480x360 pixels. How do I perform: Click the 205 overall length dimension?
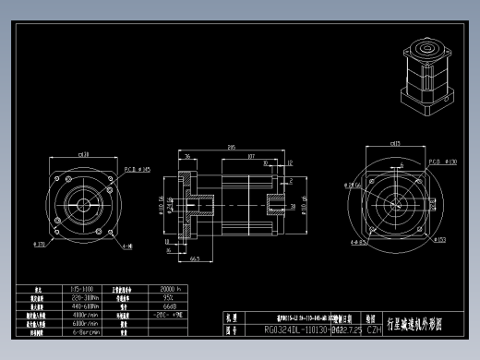(230, 147)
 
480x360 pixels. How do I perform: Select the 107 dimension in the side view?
(250, 156)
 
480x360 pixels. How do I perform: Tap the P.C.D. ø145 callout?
(137, 169)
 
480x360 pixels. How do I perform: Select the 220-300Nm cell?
(86, 298)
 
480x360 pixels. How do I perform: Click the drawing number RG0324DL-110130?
(297, 328)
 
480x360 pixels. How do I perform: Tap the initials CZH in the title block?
(374, 328)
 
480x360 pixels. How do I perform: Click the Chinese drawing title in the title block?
(420, 324)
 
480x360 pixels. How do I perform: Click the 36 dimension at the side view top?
(187, 157)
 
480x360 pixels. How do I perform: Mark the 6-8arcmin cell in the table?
(85, 331)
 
